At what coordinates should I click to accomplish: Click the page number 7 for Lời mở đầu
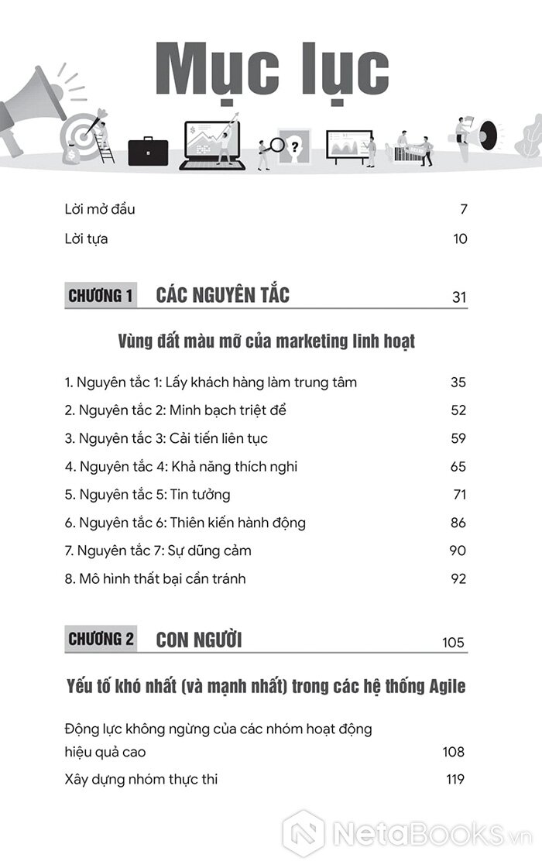(x=463, y=210)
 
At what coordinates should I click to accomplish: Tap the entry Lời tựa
(x=86, y=238)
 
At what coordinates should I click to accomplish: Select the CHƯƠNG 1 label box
(x=101, y=296)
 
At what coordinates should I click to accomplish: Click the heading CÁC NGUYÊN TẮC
(x=222, y=295)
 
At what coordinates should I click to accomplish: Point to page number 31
(x=459, y=298)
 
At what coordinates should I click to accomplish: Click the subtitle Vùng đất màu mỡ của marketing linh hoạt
(x=267, y=341)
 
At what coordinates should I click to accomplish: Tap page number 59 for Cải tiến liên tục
(x=458, y=439)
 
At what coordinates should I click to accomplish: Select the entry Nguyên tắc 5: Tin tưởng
(x=147, y=495)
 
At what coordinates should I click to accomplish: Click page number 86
(x=458, y=523)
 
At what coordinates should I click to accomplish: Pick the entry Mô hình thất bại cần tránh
(x=155, y=579)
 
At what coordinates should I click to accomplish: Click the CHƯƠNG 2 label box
(x=101, y=640)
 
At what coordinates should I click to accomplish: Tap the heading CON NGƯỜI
(x=199, y=640)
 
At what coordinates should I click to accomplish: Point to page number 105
(x=453, y=643)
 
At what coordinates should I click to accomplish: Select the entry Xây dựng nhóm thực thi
(x=141, y=780)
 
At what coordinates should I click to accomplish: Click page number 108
(x=453, y=752)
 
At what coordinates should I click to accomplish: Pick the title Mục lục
(x=272, y=72)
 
